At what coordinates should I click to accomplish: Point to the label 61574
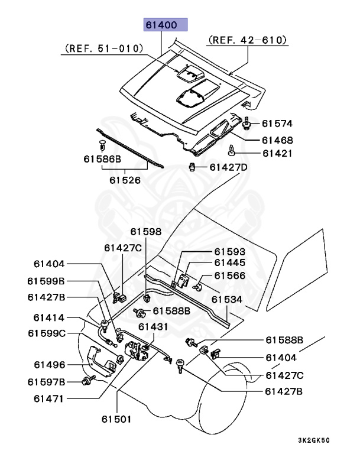coord(277,124)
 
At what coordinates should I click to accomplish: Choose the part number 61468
coord(277,141)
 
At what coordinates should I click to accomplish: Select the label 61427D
coord(228,167)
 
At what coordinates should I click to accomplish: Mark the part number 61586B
coord(102,159)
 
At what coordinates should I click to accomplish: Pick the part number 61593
coord(229,251)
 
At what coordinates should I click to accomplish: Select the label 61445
coord(229,262)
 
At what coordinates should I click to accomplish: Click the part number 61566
coord(229,275)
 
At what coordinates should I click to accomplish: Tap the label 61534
coord(227,300)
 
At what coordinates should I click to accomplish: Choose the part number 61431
coord(154,326)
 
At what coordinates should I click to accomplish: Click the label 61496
coord(48,364)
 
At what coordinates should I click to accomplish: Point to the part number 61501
coord(116,419)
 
